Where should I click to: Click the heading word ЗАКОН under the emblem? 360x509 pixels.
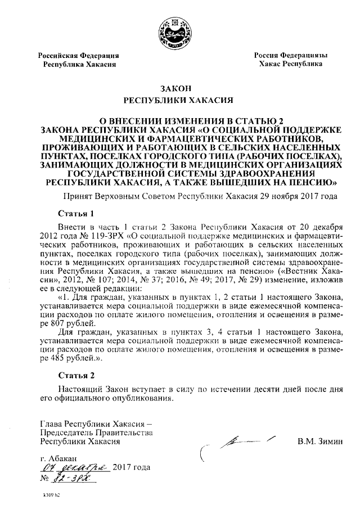[x=177, y=88]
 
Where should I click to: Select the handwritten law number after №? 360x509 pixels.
[x=73, y=479]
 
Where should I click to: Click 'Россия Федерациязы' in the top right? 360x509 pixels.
[x=290, y=56]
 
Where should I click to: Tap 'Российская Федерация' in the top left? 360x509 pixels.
[x=79, y=56]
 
